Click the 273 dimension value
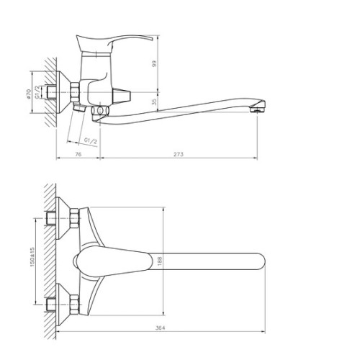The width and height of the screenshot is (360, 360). [179, 154]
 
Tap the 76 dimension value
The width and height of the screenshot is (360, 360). [78, 154]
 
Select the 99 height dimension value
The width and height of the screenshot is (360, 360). [154, 63]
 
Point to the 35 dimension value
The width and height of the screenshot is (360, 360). [154, 102]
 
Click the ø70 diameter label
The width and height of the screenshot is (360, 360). [29, 94]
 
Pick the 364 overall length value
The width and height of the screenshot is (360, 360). [160, 328]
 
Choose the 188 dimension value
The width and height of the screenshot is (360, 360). [160, 261]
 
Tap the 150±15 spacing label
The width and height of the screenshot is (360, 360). [32, 257]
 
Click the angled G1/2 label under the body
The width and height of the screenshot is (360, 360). [91, 140]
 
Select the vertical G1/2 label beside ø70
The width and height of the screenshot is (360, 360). [37, 92]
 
